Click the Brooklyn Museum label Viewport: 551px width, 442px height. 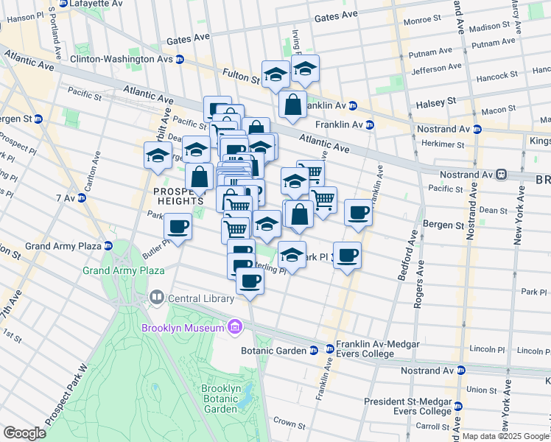click(183, 327)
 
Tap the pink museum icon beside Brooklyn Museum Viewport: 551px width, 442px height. click(235, 326)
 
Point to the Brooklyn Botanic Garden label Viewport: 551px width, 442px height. click(220, 399)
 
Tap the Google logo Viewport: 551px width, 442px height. click(24, 432)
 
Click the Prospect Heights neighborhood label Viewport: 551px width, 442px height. click(178, 195)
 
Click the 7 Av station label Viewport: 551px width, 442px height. click(65, 198)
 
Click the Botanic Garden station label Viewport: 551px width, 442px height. click(273, 351)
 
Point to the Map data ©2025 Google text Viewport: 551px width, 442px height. click(505, 435)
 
